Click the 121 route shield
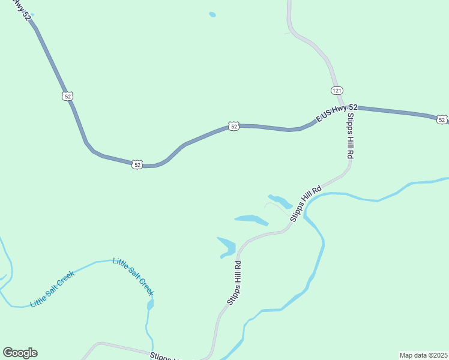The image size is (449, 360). [337, 90]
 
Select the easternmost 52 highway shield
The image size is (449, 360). [442, 120]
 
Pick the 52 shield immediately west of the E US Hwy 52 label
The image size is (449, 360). [234, 126]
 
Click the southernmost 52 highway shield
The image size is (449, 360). [137, 164]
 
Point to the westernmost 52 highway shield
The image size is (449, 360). [67, 96]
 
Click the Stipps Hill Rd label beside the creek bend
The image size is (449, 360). [306, 205]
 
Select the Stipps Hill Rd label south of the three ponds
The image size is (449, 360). [234, 283]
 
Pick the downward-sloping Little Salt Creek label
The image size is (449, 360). [134, 277]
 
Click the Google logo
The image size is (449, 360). [20, 353]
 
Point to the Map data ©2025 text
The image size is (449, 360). [423, 355]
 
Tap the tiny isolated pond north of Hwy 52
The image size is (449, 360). [212, 14]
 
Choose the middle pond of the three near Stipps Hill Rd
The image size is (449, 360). [251, 219]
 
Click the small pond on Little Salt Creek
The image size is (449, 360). [150, 305]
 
